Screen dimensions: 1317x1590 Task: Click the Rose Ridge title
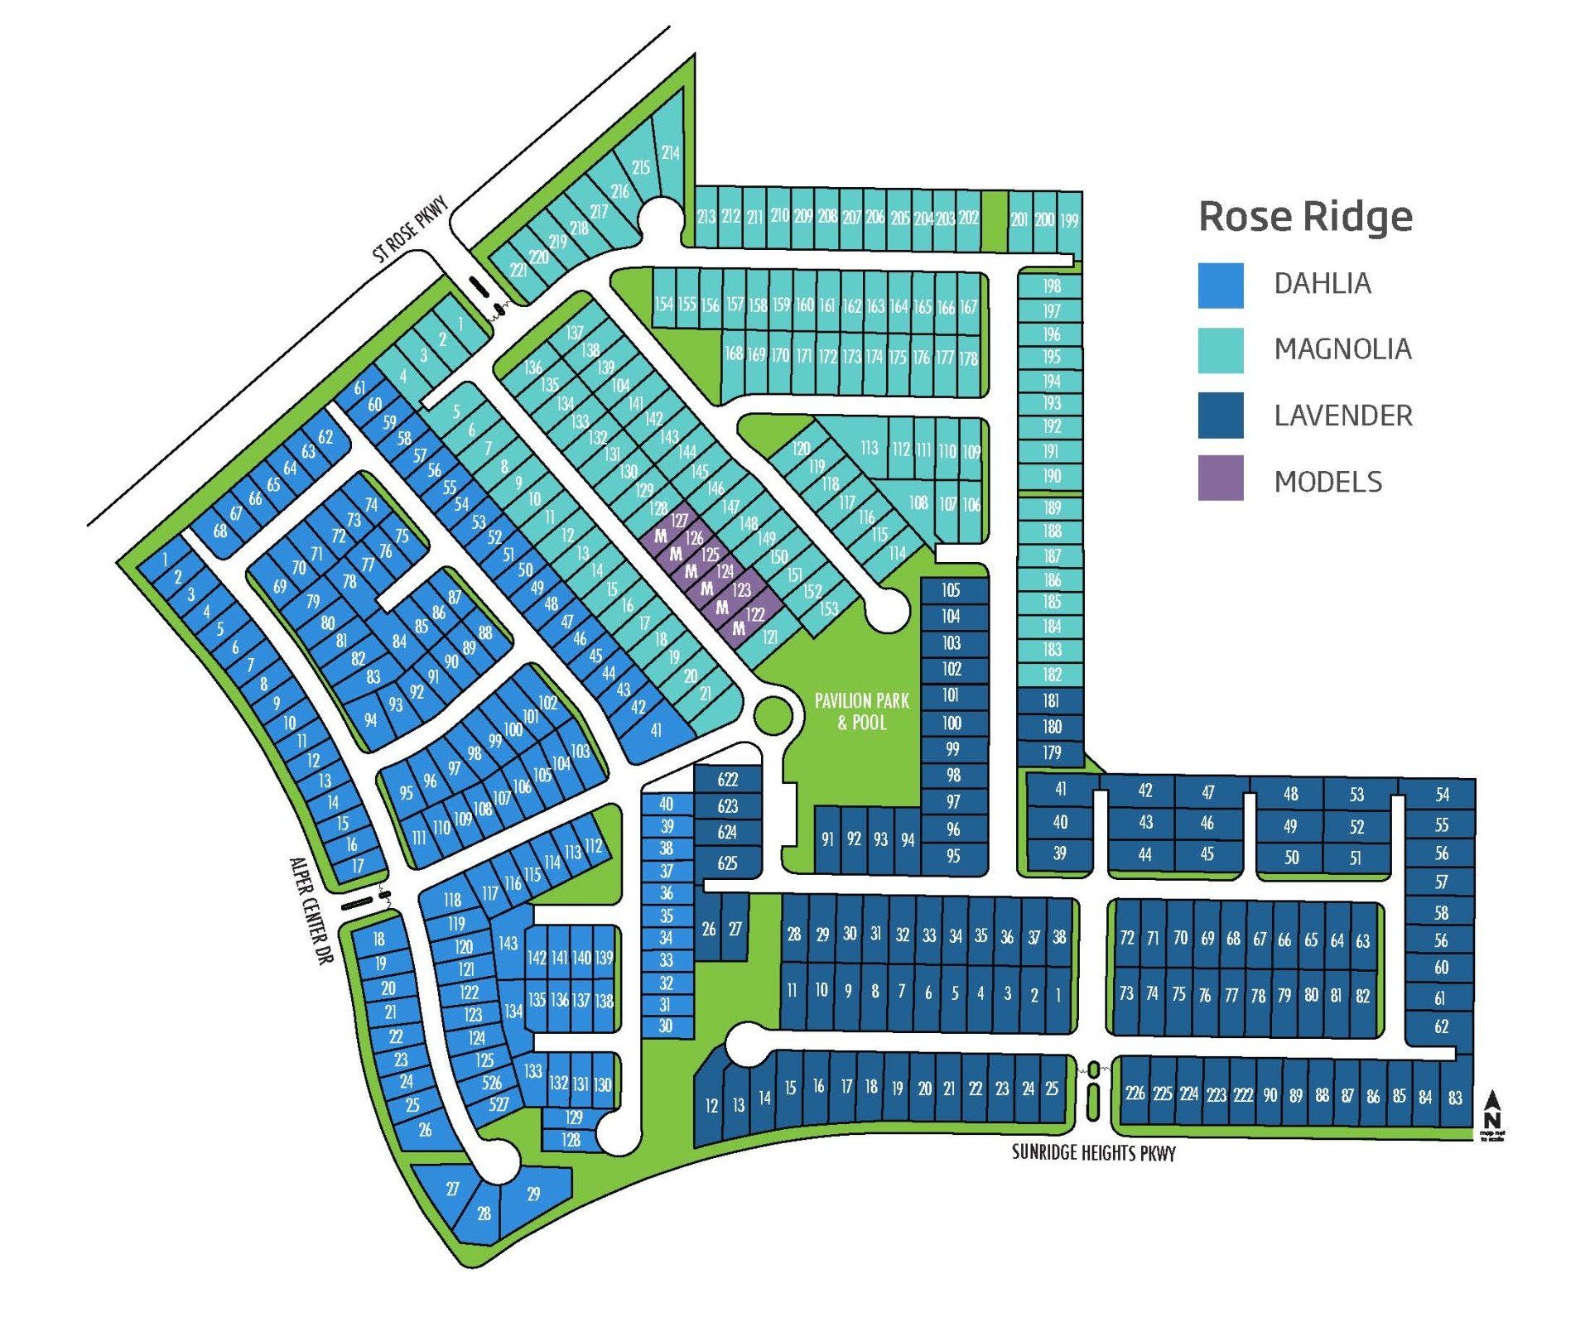coord(1305,217)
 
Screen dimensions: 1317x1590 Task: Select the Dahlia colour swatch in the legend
coord(1220,285)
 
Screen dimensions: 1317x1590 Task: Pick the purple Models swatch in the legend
coord(1220,478)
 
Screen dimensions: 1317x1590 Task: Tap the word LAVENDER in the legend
coord(1342,416)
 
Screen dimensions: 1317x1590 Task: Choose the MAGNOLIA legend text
coord(1342,349)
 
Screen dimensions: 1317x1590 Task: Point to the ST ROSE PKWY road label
coord(410,229)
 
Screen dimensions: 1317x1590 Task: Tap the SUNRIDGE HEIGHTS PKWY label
coord(1093,1152)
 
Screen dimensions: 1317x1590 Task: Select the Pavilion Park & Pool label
coord(862,711)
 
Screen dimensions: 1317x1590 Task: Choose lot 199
coord(1069,220)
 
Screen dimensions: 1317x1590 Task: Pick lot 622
coord(727,779)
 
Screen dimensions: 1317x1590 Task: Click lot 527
coord(499,1103)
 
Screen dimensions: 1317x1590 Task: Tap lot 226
coord(1135,1093)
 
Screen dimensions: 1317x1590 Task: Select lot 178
coord(968,358)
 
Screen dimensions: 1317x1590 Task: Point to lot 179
coord(1052,752)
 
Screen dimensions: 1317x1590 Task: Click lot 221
coord(518,270)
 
